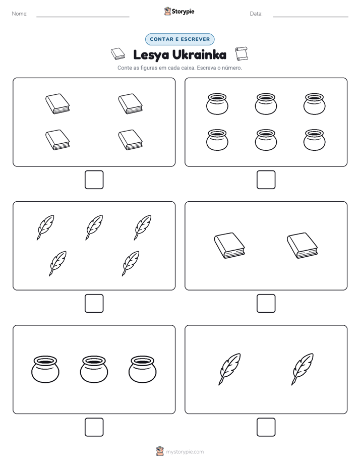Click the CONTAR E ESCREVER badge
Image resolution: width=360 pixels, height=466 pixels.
click(179, 39)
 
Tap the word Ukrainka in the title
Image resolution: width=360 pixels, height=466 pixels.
click(199, 54)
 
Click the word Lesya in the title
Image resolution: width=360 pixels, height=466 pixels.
click(151, 55)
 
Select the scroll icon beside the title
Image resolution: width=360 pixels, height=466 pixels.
click(241, 53)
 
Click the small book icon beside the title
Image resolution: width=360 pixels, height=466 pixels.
click(118, 54)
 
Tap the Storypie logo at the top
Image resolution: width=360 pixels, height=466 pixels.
click(179, 11)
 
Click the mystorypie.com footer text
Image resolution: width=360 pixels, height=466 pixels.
click(185, 452)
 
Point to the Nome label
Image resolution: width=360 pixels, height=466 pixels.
click(20, 14)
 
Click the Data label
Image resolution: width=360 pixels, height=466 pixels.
click(256, 14)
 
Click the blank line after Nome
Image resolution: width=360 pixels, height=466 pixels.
click(83, 17)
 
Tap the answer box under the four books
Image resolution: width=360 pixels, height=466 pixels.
click(94, 180)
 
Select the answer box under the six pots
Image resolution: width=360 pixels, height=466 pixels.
click(266, 180)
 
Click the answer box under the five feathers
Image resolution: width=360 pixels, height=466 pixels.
click(94, 304)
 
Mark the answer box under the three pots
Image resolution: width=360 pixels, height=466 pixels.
click(94, 427)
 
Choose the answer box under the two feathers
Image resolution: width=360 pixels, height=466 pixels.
click(266, 427)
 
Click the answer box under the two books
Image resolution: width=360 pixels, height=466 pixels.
click(266, 304)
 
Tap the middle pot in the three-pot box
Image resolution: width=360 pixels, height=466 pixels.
click(94, 369)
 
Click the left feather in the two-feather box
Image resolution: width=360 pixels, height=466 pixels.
click(229, 369)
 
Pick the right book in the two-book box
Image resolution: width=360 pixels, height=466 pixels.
click(303, 246)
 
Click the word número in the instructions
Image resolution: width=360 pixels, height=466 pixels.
click(232, 68)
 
